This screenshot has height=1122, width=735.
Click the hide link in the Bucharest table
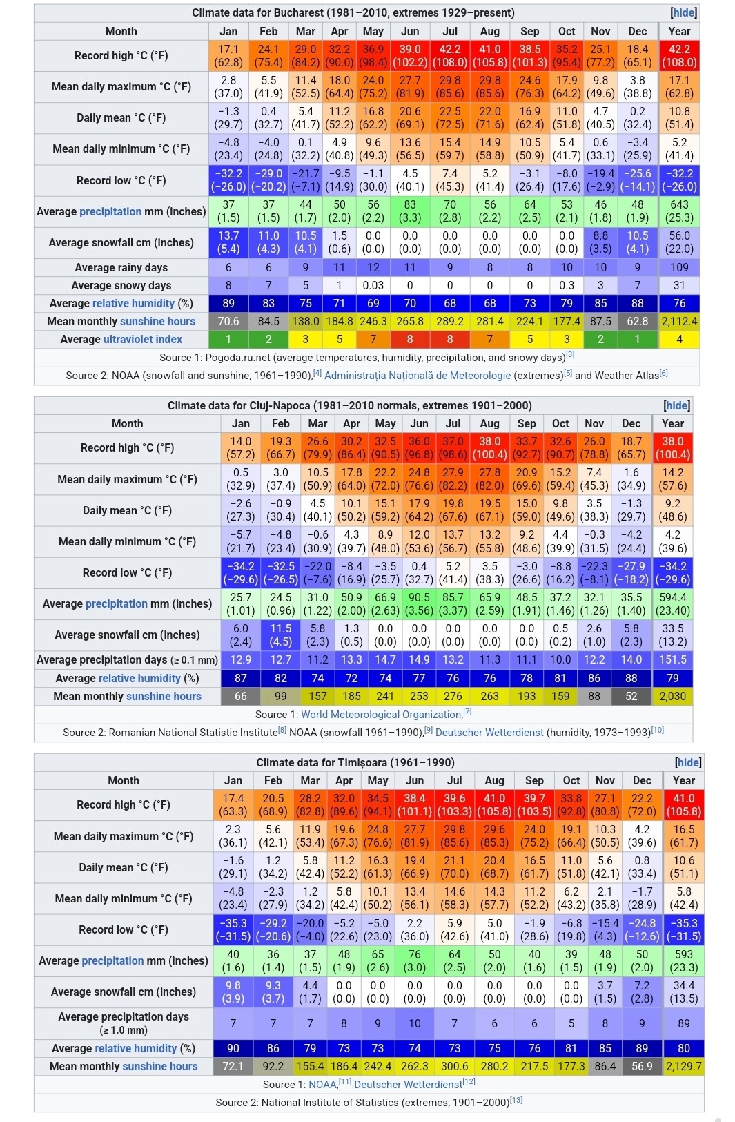[x=683, y=12]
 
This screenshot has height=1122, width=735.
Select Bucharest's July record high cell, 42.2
[x=450, y=56]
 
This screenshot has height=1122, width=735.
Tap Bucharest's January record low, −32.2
[x=228, y=180]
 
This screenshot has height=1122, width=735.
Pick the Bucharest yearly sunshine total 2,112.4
[x=679, y=321]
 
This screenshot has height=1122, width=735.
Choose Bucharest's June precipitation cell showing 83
[x=410, y=211]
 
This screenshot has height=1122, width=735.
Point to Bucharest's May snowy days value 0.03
[x=373, y=285]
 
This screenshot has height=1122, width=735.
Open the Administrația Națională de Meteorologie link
[x=418, y=376]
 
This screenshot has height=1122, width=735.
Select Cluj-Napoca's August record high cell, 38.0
[x=489, y=448]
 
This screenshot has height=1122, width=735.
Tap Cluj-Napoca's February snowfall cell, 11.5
[x=280, y=635]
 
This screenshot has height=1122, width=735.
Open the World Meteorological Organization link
[x=381, y=715]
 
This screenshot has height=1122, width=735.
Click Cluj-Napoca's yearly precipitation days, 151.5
[x=672, y=660]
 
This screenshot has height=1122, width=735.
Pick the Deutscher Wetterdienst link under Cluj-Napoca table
[x=489, y=733]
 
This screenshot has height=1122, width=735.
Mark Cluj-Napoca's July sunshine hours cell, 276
[x=453, y=696]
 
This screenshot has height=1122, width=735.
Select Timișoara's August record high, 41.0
[x=494, y=805]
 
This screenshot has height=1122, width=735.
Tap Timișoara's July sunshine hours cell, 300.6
[x=454, y=1066]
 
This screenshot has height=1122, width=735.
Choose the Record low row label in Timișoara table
[x=123, y=929]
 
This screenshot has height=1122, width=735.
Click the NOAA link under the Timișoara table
[x=322, y=1085]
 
